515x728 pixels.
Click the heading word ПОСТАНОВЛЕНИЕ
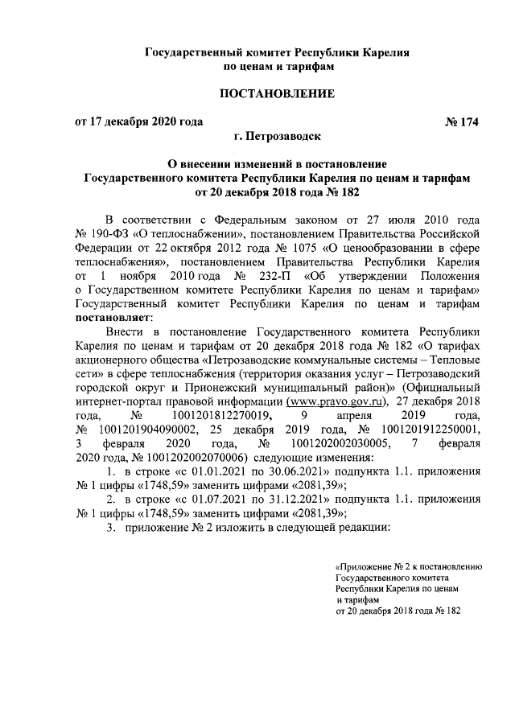[x=278, y=94]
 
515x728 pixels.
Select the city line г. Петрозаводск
[x=278, y=138]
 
